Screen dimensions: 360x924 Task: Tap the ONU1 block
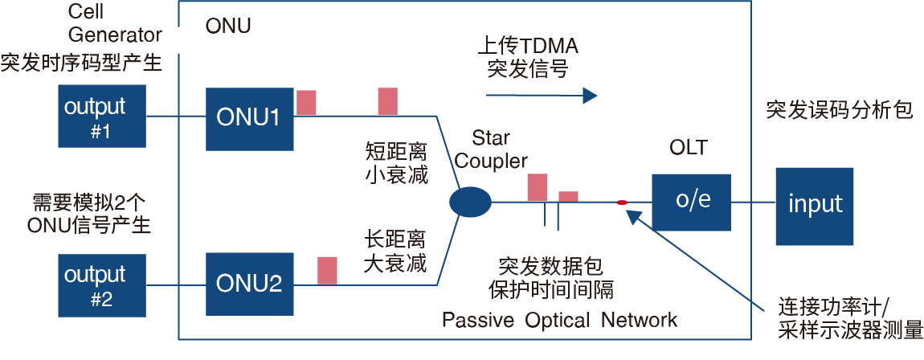tap(249, 118)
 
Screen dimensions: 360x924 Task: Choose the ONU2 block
tap(249, 283)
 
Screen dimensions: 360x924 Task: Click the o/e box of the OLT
tap(693, 201)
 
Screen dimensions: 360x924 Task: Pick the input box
tap(815, 205)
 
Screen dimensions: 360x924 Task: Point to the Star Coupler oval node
tap(469, 202)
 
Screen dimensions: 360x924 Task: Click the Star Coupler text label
tap(492, 149)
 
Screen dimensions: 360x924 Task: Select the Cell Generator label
tap(114, 24)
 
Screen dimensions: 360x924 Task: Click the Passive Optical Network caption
tap(559, 320)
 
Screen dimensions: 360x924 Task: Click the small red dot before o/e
tap(621, 202)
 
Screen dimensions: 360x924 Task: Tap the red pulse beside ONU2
tap(327, 270)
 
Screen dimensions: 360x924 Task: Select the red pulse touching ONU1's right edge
tap(306, 102)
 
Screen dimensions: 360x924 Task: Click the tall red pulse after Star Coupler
tap(537, 186)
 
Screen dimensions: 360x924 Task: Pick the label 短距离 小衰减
tap(396, 163)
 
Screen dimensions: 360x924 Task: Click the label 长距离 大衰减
tap(395, 252)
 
